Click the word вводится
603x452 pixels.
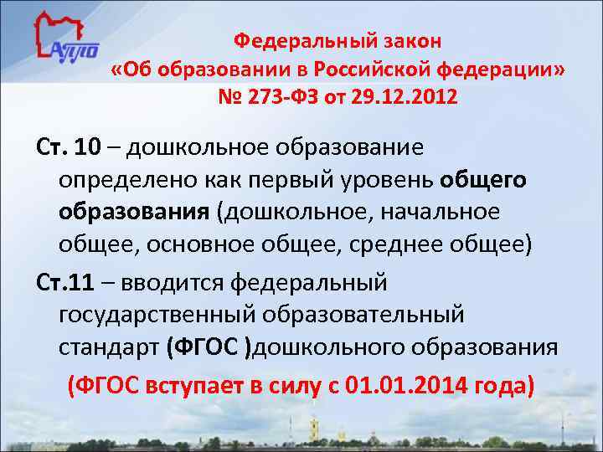(x=173, y=283)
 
